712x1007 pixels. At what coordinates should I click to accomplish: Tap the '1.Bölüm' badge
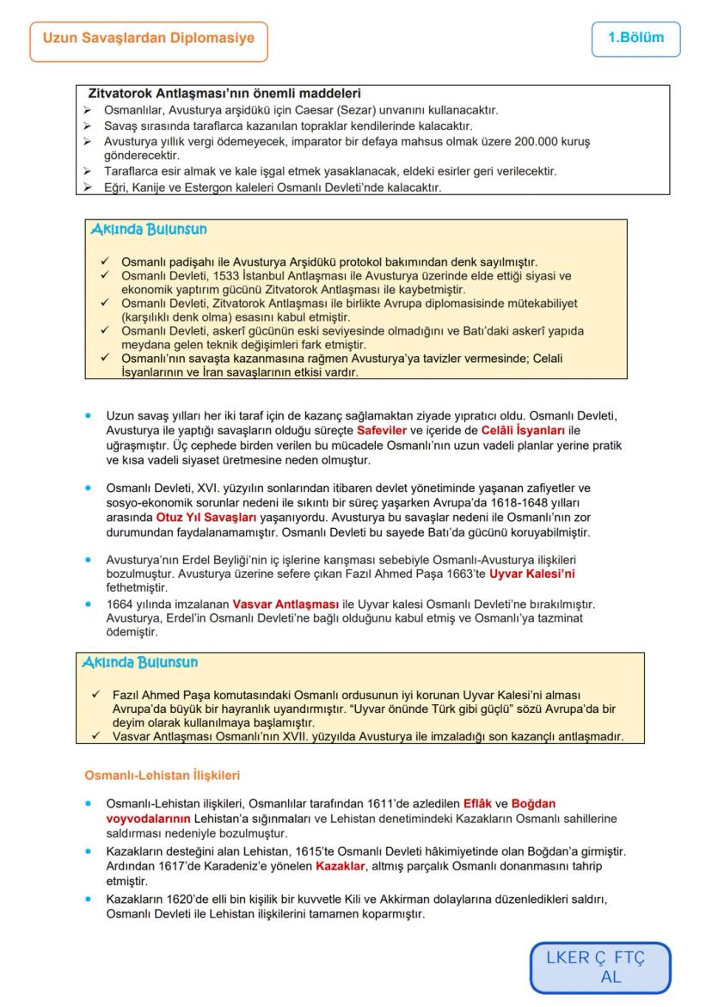pos(635,39)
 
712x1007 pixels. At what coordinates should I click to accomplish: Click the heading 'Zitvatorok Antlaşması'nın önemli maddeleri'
pos(224,93)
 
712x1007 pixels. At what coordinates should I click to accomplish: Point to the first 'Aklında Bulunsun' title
pos(148,230)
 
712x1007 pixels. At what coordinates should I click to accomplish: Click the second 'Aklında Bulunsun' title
pos(140,662)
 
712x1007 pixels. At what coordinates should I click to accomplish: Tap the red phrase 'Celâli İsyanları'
pos(524,430)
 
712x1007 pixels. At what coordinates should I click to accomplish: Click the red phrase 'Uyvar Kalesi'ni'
pos(531,573)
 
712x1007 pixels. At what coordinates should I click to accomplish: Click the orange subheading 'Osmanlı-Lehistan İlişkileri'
pos(162,776)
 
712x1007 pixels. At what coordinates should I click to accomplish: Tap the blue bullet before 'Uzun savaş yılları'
pos(89,415)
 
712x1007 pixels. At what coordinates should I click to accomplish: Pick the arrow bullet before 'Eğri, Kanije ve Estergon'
pos(87,187)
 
